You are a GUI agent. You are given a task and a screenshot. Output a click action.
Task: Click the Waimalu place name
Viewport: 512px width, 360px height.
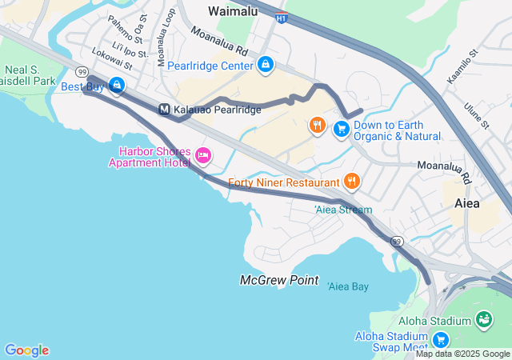click(x=233, y=11)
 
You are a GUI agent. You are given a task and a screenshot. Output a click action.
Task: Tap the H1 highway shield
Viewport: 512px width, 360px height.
click(x=281, y=18)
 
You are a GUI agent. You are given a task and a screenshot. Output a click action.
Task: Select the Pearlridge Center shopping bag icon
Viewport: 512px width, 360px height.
click(x=265, y=64)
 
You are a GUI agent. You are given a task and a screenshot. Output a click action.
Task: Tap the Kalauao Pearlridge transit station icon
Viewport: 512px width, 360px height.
click(x=164, y=110)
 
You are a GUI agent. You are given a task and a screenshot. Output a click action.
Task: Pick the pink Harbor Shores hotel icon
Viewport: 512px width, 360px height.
click(x=203, y=155)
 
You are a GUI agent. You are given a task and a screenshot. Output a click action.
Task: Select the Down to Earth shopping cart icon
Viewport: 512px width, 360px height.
click(x=342, y=128)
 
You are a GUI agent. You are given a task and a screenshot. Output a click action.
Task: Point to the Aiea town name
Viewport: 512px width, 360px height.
click(x=467, y=203)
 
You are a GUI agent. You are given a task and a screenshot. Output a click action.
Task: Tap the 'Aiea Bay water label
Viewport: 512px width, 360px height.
click(x=348, y=286)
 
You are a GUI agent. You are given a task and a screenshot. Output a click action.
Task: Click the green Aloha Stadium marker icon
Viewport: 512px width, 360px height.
click(x=483, y=320)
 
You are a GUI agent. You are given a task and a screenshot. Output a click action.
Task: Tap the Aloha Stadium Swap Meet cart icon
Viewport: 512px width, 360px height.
click(x=440, y=339)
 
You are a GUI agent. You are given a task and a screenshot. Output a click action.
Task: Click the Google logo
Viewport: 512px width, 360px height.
click(x=26, y=350)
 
